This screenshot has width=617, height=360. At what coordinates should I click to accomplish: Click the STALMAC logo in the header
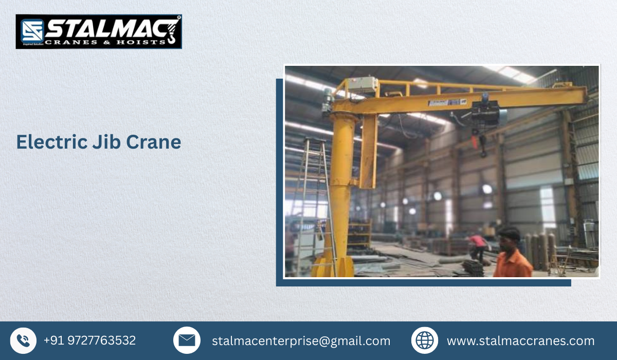click(99, 32)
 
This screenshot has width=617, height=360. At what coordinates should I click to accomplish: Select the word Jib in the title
click(106, 142)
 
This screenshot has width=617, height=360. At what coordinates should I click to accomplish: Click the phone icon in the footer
click(23, 340)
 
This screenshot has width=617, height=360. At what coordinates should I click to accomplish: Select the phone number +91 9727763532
click(89, 340)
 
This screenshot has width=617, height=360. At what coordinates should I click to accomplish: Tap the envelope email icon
click(187, 340)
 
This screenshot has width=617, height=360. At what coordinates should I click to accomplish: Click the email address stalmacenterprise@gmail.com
click(301, 341)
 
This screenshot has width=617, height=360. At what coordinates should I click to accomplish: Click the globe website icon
click(425, 340)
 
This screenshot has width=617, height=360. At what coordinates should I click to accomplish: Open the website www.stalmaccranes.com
click(520, 341)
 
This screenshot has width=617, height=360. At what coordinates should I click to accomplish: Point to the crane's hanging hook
click(483, 151)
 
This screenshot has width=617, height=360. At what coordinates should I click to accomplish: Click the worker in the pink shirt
click(478, 245)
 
